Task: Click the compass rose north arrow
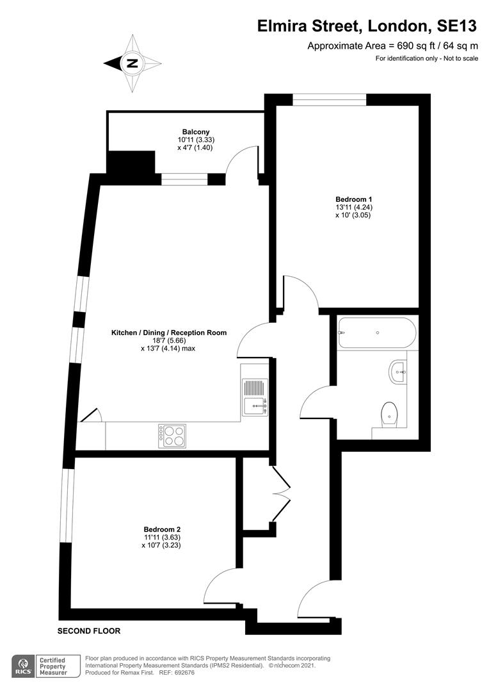[132, 63]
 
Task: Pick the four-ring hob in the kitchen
[172, 436]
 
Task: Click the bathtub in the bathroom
[376, 333]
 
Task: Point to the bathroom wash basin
[397, 371]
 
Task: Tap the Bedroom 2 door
[221, 584]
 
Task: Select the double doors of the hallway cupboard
[282, 490]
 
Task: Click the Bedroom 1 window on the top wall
[330, 99]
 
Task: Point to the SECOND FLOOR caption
[89, 631]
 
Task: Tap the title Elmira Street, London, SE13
[367, 26]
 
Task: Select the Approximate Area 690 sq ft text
[392, 45]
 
